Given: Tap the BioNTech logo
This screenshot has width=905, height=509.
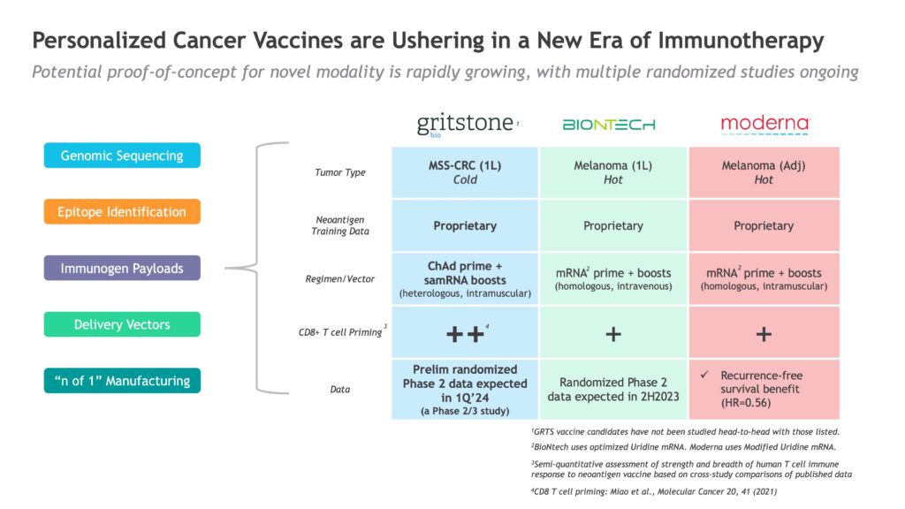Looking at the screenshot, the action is (609, 125).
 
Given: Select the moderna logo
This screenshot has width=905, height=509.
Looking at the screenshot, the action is (765, 124).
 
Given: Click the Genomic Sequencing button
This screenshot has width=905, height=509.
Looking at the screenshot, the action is (122, 156).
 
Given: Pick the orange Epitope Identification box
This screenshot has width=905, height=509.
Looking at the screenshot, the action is (122, 212).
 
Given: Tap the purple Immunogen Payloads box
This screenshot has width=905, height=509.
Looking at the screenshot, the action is (122, 269).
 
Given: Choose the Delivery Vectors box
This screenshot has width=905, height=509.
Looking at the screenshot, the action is (122, 324).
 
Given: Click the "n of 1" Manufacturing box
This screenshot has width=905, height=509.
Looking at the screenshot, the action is (122, 381).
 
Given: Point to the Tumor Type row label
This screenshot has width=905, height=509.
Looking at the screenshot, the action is (340, 172).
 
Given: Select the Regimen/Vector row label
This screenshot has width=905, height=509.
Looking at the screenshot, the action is (340, 278).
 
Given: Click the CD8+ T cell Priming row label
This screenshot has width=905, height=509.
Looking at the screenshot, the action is (340, 332).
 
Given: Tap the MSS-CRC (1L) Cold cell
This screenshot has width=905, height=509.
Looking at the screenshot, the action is (465, 172).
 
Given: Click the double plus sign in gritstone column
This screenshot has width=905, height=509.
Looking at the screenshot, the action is (465, 334).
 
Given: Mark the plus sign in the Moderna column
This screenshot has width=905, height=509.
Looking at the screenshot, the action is (764, 334).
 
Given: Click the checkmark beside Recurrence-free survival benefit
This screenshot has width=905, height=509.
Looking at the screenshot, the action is (704, 375).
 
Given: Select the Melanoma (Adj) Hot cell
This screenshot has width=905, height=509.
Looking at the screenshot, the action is (764, 172).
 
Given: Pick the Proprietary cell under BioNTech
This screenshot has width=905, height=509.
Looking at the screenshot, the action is (613, 225).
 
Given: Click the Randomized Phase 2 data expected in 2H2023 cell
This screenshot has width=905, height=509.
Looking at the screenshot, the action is (613, 390).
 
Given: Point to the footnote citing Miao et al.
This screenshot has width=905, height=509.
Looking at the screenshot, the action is (654, 491).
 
